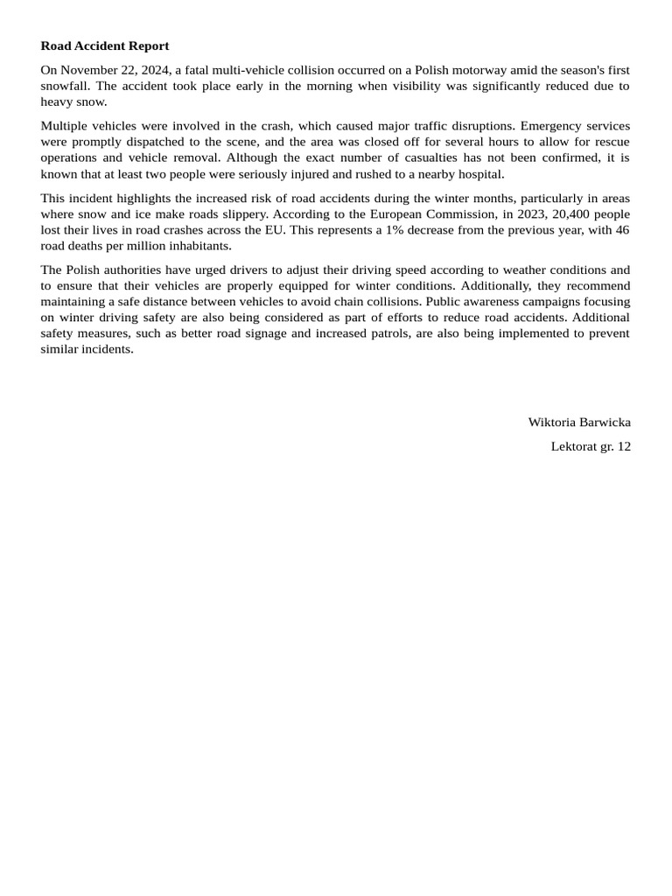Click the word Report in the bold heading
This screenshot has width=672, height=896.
click(147, 45)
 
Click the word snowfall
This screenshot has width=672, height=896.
click(64, 86)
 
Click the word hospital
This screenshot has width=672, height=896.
click(478, 173)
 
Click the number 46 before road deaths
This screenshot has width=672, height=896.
click(621, 229)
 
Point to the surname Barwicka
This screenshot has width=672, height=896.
click(605, 422)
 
